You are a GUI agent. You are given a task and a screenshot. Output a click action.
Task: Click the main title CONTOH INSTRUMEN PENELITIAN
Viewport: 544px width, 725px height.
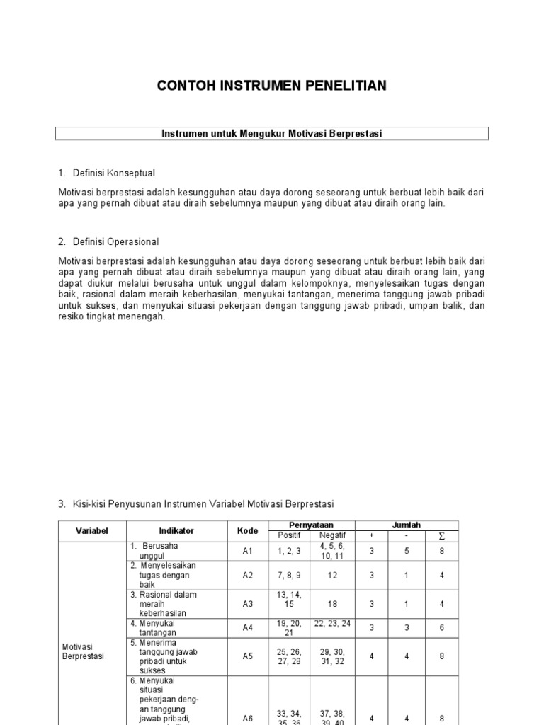pos(271,86)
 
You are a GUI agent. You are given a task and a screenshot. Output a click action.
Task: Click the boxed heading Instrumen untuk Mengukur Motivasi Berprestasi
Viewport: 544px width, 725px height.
pos(271,133)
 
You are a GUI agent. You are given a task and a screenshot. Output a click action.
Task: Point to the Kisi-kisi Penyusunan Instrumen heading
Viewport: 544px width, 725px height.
pos(202,503)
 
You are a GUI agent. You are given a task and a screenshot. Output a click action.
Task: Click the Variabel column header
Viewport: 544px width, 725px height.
pos(91,530)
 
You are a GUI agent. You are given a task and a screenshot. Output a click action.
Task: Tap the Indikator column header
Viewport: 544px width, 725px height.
pos(176,530)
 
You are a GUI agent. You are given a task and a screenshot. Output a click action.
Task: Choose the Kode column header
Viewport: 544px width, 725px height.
pos(247,530)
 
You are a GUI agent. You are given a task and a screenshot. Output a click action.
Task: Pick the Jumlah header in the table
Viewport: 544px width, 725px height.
pos(407,525)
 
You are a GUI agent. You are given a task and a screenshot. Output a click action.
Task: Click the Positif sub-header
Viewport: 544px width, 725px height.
pos(289,535)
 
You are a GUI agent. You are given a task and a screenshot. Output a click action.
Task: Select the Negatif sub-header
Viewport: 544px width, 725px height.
pos(333,535)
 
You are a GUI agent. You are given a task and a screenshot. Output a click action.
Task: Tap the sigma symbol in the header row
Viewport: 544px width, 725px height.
pos(442,535)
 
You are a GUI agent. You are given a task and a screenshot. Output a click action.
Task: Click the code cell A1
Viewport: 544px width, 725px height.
pos(247,551)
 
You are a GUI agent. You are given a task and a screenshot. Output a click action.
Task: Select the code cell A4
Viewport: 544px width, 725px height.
pos(247,627)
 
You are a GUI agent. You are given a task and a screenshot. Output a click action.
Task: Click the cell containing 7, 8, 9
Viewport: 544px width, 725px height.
pos(289,575)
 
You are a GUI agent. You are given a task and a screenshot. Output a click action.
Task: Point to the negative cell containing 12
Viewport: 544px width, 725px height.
pos(333,575)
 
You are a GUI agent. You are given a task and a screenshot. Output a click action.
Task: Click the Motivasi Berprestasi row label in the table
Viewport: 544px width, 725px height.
pos(83,651)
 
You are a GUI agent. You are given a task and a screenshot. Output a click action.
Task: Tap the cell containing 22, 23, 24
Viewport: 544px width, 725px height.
pos(333,623)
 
